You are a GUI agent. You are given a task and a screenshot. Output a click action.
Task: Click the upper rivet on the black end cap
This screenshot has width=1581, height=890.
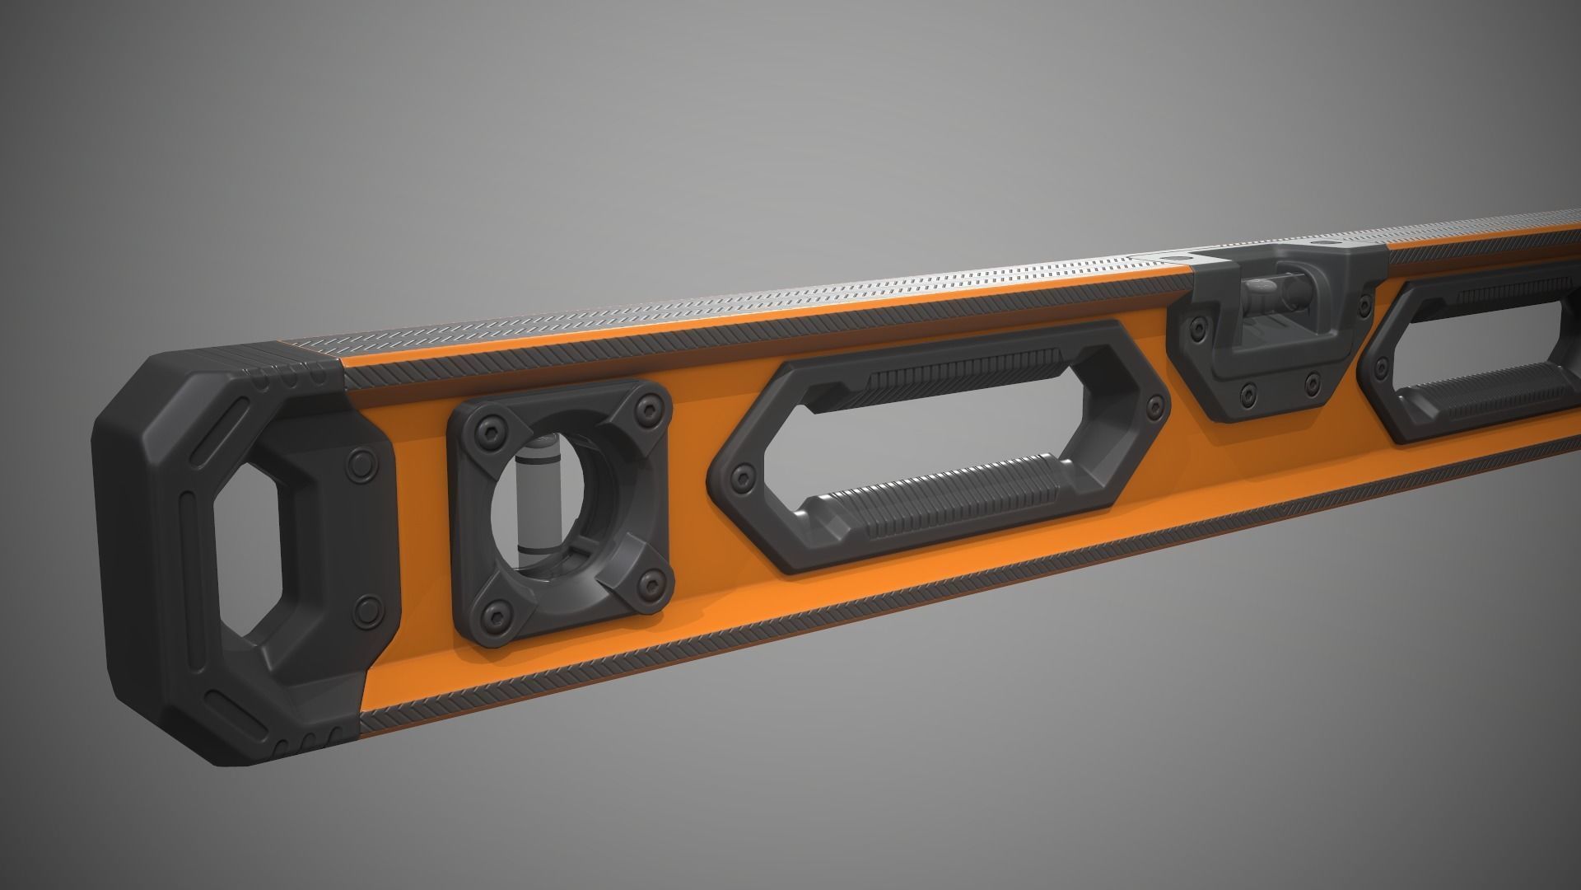pyautogui.click(x=361, y=461)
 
